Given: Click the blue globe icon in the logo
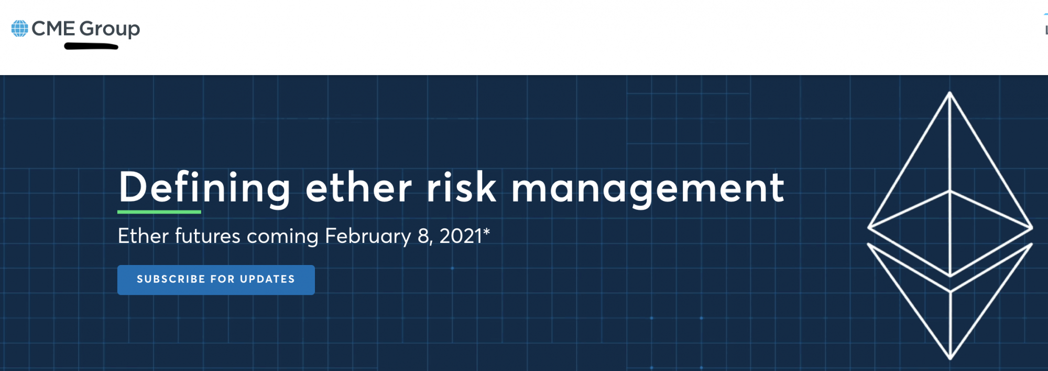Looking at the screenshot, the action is [x=20, y=28].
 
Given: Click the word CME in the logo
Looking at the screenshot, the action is [x=53, y=28].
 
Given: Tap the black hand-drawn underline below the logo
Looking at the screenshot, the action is [x=91, y=47].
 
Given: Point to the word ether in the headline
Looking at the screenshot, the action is [x=359, y=188].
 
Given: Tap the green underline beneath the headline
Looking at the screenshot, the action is [x=159, y=212].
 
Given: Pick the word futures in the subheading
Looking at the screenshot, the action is [x=208, y=237].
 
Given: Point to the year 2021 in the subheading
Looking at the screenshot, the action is [x=461, y=236].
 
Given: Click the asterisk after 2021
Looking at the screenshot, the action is [x=487, y=231].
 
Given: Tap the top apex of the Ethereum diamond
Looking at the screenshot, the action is [x=949, y=93].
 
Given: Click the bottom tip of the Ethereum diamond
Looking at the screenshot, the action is [x=950, y=358].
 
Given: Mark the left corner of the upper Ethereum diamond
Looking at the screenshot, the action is [x=869, y=228].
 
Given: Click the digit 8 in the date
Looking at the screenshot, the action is [x=423, y=236].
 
